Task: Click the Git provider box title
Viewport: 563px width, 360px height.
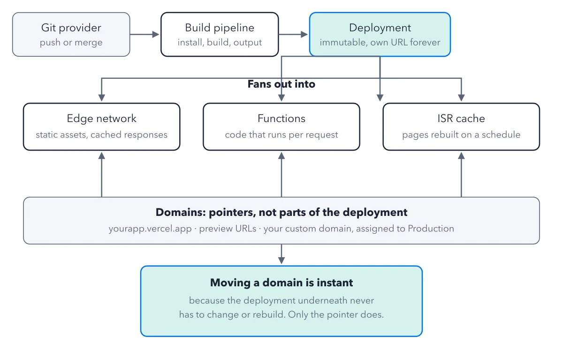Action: [71, 28]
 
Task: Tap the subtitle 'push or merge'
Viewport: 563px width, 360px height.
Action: [71, 42]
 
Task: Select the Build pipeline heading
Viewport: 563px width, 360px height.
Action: [220, 28]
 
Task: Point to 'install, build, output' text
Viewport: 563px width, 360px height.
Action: [220, 42]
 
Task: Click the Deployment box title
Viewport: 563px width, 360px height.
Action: [380, 28]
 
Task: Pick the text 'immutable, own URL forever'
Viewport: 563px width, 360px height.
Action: [380, 42]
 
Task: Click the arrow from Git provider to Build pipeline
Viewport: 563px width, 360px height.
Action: [145, 34]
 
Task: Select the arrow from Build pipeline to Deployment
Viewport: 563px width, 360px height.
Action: [293, 34]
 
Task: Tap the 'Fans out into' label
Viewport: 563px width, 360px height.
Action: [281, 84]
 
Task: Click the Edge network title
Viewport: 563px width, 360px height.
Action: [101, 118]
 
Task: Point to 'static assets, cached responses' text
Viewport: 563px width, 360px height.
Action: [101, 135]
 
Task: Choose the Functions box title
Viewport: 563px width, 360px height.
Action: [281, 118]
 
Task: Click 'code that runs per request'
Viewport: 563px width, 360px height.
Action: [281, 135]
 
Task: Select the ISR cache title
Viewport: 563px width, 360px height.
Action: [461, 118]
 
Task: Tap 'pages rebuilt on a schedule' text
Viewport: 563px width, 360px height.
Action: [461, 135]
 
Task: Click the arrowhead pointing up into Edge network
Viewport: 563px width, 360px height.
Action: [101, 155]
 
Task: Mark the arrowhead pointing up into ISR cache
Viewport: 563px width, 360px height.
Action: [461, 155]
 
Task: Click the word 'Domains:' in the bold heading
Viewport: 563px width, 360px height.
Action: [181, 212]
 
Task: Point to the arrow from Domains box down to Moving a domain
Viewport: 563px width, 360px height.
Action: [281, 254]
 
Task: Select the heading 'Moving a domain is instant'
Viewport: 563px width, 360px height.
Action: [281, 283]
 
